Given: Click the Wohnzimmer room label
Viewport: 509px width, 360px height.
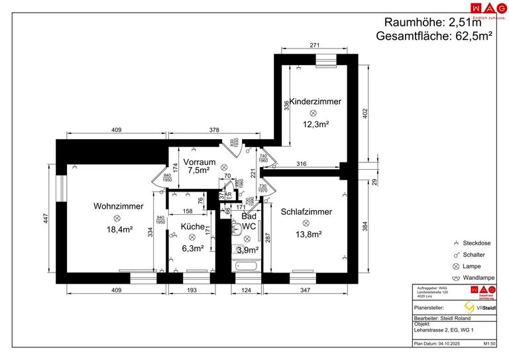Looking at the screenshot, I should point(118,206).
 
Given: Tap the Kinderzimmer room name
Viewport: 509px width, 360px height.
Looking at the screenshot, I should point(315,101).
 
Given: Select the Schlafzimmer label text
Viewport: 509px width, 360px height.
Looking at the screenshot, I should point(306,212).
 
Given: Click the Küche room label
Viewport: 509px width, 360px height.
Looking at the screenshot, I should point(192,226).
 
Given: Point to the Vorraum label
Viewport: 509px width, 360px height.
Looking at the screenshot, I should point(199,162).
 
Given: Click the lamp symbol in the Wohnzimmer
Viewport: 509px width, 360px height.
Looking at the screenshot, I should point(118,218).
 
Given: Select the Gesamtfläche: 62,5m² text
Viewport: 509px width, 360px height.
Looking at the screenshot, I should point(433,36).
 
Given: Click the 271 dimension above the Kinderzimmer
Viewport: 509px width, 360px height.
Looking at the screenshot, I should point(315,46).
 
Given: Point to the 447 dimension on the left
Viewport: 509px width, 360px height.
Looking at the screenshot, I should point(46,219).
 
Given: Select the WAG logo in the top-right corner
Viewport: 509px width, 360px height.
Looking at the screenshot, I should point(483,9).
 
